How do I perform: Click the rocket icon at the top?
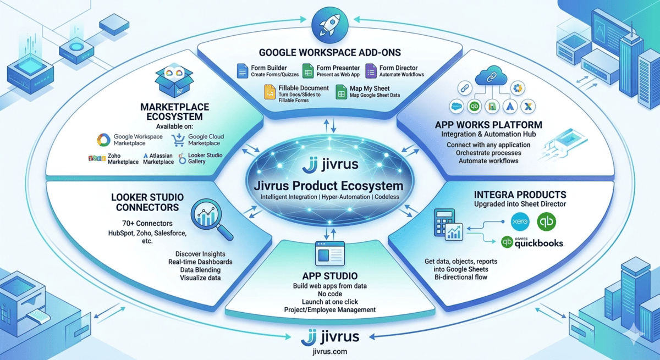[x=329, y=24]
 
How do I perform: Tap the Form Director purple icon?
[x=371, y=70]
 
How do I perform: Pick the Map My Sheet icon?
[x=340, y=92]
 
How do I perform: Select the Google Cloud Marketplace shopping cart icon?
[x=178, y=139]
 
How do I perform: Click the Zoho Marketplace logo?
[x=96, y=159]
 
